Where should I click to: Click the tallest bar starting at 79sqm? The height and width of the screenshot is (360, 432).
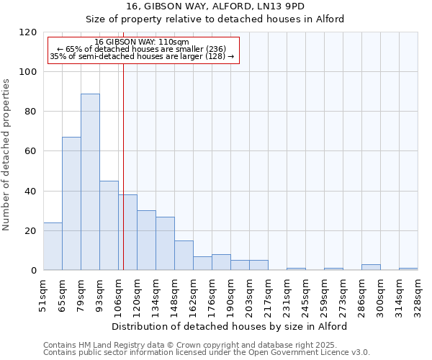(x=90, y=181)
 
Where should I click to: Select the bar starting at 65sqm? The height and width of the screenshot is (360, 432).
(x=71, y=204)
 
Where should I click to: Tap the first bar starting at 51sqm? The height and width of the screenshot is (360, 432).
(x=53, y=246)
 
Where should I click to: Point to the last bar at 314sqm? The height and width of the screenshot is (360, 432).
(x=408, y=269)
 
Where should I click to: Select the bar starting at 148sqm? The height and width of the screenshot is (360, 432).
(x=184, y=256)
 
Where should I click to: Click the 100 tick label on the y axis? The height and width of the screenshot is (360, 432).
(x=28, y=72)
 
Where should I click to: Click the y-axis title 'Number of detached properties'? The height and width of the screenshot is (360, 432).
(x=6, y=156)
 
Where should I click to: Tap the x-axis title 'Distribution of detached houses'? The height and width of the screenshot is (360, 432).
(x=230, y=326)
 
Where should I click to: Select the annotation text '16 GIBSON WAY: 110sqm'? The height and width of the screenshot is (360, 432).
(x=142, y=42)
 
